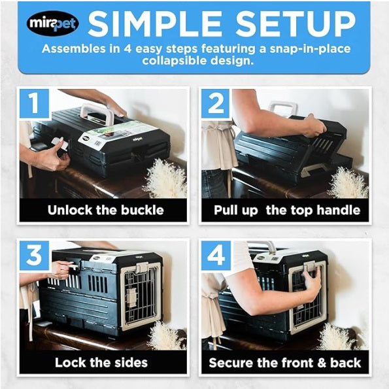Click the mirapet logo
(x=52, y=24)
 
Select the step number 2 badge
(x=216, y=104)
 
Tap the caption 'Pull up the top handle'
(x=286, y=210)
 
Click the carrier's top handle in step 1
(x=96, y=112)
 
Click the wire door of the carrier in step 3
(x=141, y=294)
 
